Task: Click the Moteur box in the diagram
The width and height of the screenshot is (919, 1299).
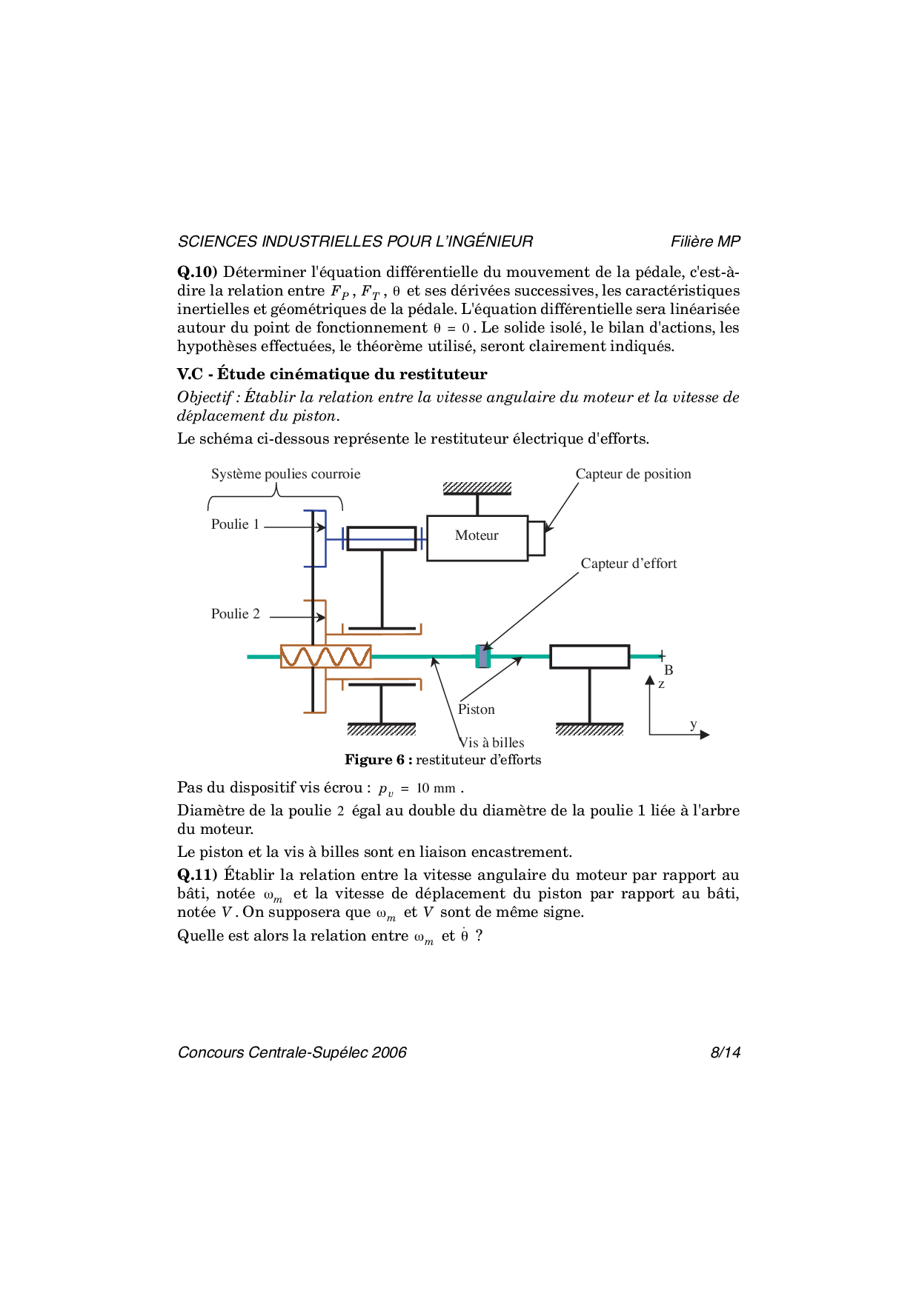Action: (x=477, y=538)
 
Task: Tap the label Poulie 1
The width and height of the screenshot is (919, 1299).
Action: (x=235, y=524)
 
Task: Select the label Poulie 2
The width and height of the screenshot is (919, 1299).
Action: (x=235, y=614)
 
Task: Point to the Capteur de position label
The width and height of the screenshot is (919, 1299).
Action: (x=633, y=474)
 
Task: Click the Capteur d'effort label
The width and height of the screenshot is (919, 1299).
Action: (x=628, y=564)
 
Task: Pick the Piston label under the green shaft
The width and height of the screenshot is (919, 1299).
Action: (x=476, y=709)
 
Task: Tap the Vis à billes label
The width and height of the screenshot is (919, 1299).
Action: (x=491, y=743)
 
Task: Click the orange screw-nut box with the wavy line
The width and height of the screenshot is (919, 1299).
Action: (x=325, y=656)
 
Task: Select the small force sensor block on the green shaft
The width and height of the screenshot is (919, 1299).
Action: (x=482, y=656)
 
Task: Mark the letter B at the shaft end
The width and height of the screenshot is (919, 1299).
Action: (x=668, y=670)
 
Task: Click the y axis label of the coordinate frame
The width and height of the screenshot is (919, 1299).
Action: (x=694, y=724)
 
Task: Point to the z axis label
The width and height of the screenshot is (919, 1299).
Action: (x=661, y=684)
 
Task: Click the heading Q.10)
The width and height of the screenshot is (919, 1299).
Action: (x=197, y=272)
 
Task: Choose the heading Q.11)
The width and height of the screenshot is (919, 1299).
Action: (x=197, y=875)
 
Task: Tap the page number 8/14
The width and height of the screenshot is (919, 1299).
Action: (x=725, y=1052)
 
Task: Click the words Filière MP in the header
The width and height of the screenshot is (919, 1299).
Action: (x=705, y=241)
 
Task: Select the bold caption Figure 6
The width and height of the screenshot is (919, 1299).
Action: (x=378, y=760)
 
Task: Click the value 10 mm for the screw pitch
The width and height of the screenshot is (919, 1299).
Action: (x=436, y=788)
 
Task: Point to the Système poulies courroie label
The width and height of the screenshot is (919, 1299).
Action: (x=285, y=474)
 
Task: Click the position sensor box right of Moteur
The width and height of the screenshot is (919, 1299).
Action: (x=537, y=538)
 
